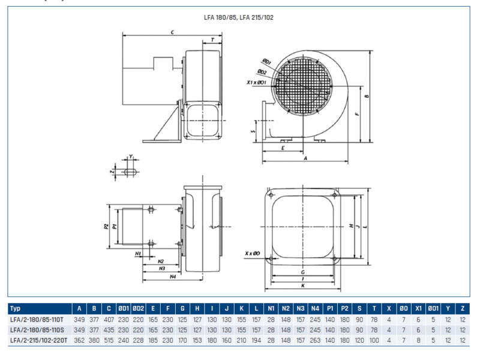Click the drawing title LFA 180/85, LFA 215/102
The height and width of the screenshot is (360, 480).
(239, 17)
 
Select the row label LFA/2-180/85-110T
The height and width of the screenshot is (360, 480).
(37, 319)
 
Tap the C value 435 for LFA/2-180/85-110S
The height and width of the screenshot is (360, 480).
(109, 330)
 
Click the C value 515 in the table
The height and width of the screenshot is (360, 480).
(109, 340)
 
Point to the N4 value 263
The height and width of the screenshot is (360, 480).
(315, 340)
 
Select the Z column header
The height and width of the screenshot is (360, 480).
(462, 308)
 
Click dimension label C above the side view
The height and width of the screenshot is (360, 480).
(172, 31)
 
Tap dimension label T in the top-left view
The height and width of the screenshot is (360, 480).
(213, 39)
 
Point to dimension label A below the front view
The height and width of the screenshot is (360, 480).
(305, 158)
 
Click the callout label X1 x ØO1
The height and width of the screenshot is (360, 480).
(257, 82)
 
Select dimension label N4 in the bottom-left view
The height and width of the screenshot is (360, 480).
(172, 277)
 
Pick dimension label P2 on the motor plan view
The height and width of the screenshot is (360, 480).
(106, 226)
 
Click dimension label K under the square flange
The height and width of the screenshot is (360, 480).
(302, 286)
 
